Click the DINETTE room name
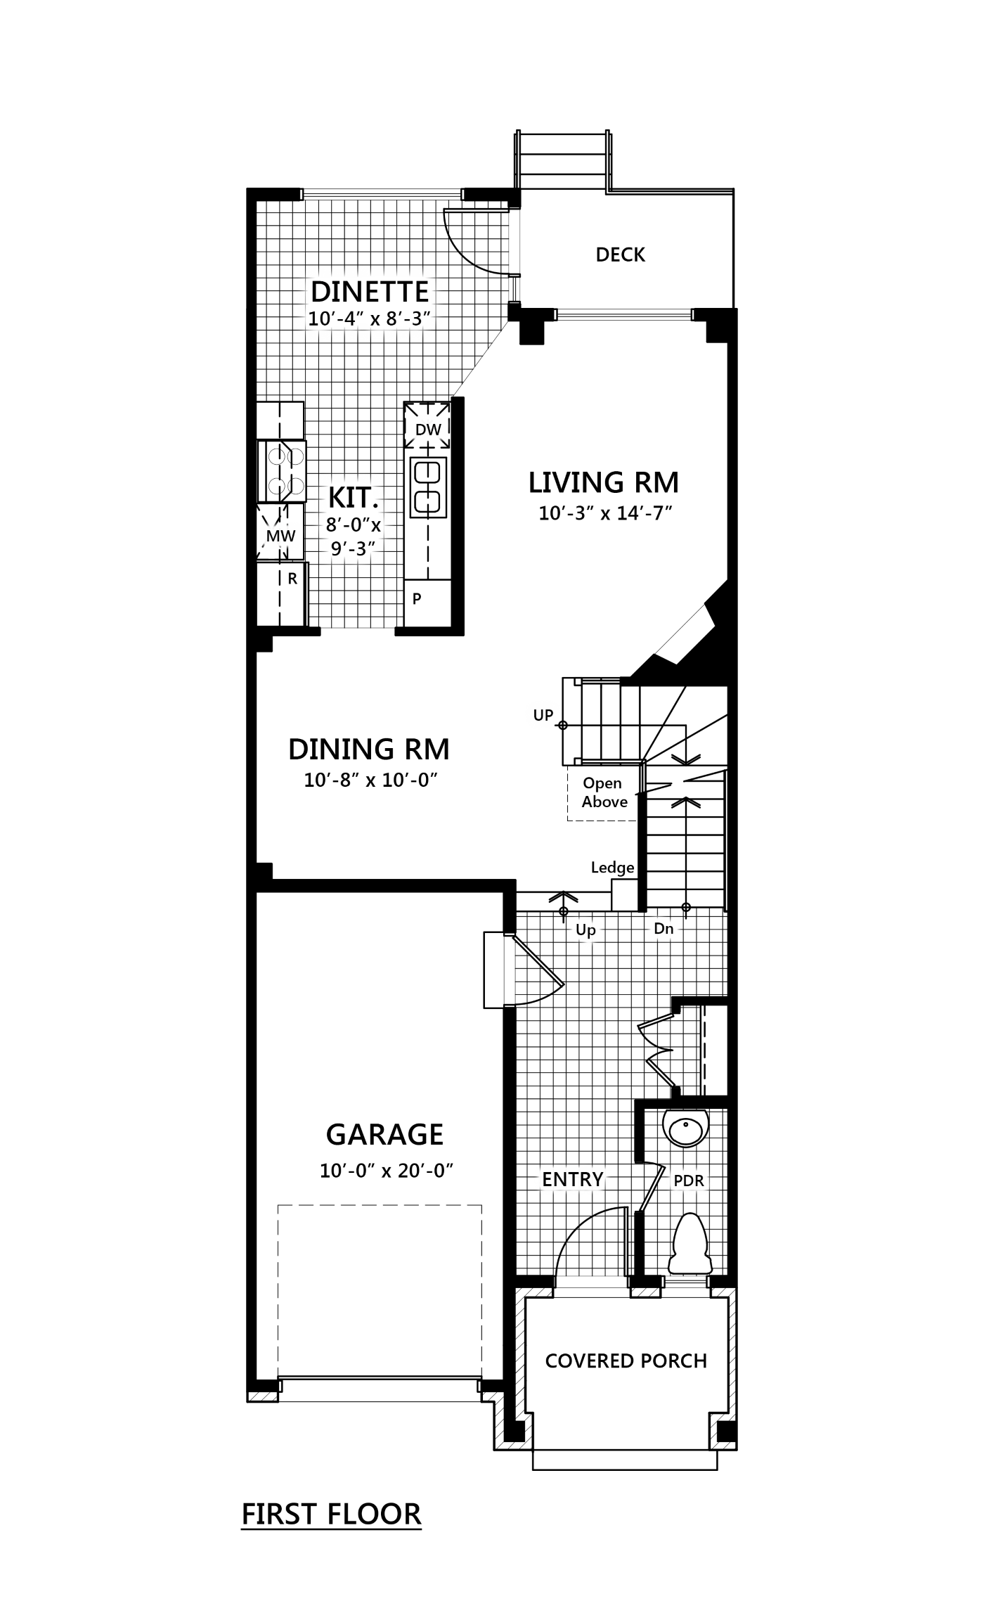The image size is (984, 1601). click(369, 291)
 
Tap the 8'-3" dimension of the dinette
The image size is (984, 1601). click(407, 319)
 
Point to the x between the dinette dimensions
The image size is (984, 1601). click(375, 320)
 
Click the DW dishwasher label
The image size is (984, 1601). click(428, 430)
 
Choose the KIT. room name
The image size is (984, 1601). click(354, 498)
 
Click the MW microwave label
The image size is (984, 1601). click(280, 537)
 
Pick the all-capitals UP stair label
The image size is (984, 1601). click(543, 715)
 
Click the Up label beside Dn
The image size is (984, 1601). click(585, 930)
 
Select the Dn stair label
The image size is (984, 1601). click(663, 929)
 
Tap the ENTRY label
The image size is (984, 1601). click(572, 1179)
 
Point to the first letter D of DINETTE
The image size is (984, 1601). click(321, 291)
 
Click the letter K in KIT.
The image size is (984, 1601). click(337, 498)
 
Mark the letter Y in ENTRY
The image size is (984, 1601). click(597, 1179)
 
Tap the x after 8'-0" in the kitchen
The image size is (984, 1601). click(375, 526)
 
